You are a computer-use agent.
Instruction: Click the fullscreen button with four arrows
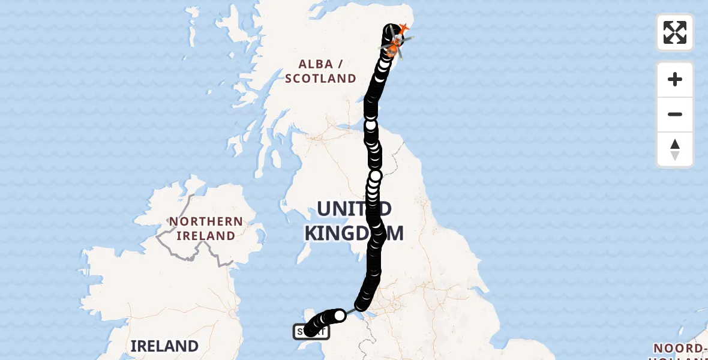(x=674, y=32)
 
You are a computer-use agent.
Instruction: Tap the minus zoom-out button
(x=674, y=115)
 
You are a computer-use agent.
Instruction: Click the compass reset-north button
(x=674, y=149)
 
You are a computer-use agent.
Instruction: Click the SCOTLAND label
(x=320, y=79)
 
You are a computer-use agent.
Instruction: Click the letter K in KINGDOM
(x=313, y=233)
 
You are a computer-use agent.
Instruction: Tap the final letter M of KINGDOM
(x=394, y=233)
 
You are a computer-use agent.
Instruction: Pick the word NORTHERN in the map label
(x=206, y=221)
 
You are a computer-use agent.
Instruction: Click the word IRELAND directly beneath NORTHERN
(x=206, y=236)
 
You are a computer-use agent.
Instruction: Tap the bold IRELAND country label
(x=164, y=346)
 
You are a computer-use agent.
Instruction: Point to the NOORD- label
(x=679, y=349)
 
